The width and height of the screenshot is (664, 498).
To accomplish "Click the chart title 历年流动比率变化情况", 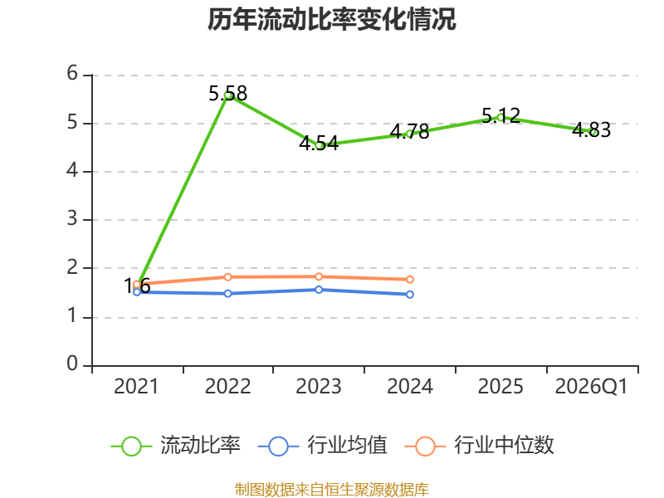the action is [x=331, y=19].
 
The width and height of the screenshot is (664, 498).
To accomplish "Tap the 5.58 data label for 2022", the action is [x=227, y=94].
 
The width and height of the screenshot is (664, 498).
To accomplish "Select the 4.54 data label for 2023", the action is [x=319, y=144].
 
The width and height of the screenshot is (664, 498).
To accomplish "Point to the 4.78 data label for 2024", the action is [x=409, y=132].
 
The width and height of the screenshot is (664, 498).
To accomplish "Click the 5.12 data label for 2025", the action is [x=501, y=115].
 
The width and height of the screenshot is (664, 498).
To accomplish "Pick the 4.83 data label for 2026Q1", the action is [x=592, y=130].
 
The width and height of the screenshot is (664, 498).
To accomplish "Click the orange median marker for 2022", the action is [x=227, y=277].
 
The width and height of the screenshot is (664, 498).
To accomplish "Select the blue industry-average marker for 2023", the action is [x=319, y=290].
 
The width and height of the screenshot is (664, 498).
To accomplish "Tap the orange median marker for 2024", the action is [x=410, y=280].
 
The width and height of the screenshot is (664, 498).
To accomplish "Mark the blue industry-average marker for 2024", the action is [x=410, y=295].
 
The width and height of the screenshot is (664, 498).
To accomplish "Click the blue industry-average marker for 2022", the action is [x=227, y=294].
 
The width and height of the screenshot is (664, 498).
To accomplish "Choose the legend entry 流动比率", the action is [x=176, y=446].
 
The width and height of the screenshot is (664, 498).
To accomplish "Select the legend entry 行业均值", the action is [x=323, y=446].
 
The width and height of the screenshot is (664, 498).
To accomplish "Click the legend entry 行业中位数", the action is [x=480, y=446].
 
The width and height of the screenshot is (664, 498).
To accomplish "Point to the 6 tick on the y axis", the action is [x=72, y=74].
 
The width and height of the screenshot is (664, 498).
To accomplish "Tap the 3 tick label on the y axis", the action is [x=72, y=219].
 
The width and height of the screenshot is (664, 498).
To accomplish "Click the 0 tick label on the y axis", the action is [x=72, y=364].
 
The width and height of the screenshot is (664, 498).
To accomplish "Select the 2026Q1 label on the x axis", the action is [x=592, y=387].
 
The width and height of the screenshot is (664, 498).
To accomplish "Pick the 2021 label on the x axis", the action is [x=136, y=387].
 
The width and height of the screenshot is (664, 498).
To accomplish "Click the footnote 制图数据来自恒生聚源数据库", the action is [x=332, y=490].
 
